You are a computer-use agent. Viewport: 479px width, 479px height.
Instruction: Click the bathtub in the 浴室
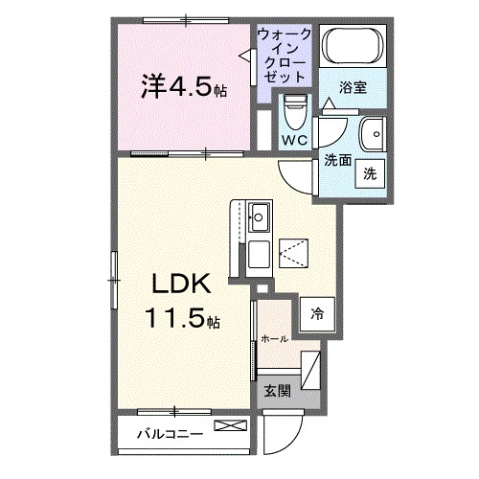tap(350, 47)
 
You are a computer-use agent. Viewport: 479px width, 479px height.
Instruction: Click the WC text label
tap(294, 142)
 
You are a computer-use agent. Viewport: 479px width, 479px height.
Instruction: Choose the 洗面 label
tap(337, 160)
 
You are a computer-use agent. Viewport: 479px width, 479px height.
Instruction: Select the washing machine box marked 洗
tap(369, 174)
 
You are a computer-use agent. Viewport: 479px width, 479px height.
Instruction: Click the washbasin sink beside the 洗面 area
tap(370, 132)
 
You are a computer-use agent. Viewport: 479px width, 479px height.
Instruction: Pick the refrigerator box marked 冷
tap(315, 311)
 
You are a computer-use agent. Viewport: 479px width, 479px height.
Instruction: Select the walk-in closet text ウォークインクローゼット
tap(284, 54)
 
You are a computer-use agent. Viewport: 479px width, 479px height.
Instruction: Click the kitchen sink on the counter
tap(260, 217)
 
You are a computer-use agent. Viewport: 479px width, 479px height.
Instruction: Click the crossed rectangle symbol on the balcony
tap(229, 427)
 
